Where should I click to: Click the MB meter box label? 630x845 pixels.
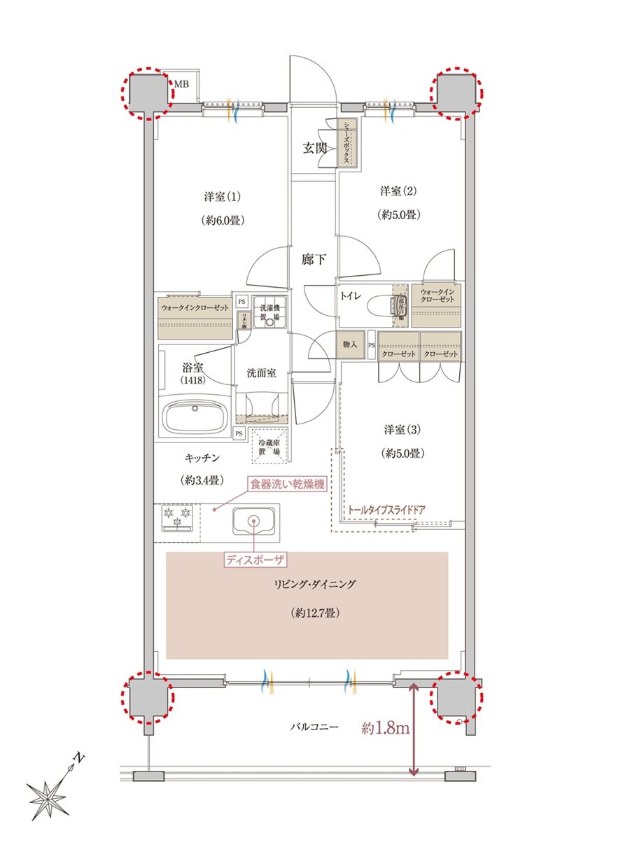click(181, 84)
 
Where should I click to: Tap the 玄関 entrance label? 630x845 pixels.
click(314, 148)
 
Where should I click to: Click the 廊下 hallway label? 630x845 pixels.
click(313, 259)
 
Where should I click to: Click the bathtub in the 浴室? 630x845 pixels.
click(195, 417)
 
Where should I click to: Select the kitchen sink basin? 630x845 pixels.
click(253, 522)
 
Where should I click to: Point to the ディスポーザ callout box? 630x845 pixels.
click(255, 559)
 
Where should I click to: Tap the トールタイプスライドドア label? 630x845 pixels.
click(386, 509)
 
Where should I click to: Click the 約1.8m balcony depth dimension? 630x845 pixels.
click(385, 728)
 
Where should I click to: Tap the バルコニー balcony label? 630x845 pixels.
click(314, 727)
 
